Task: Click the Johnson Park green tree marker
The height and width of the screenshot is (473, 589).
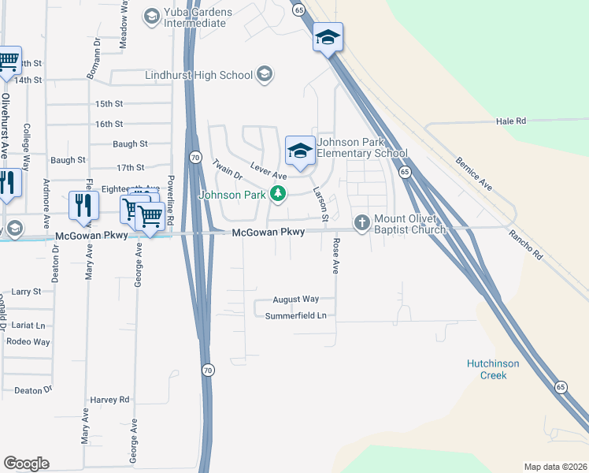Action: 276,194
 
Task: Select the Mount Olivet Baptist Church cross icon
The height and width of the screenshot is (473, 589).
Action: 362,222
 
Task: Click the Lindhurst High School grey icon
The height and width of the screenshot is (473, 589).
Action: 265,75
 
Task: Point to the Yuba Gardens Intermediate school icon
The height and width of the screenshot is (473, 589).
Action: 152,15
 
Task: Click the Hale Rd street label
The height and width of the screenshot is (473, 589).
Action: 510,121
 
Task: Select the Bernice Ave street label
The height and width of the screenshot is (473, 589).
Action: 474,173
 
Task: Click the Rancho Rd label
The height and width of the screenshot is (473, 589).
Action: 525,244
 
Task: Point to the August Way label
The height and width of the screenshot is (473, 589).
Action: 295,300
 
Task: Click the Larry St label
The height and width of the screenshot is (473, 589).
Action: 26,292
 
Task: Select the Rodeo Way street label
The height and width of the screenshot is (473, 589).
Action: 28,341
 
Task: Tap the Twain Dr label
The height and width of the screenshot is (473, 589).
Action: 225,173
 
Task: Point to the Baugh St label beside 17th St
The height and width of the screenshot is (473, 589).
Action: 68,160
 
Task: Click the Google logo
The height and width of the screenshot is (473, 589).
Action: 26,464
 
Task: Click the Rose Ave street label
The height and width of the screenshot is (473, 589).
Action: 335,255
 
